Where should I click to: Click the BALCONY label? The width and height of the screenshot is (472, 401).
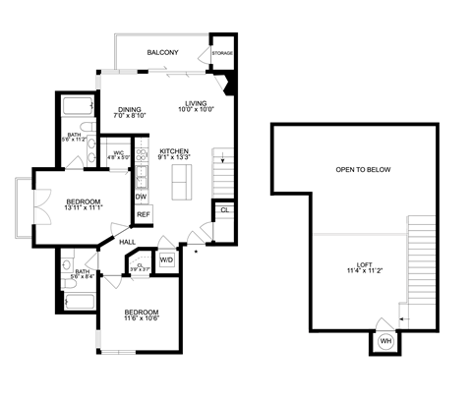point(162,52)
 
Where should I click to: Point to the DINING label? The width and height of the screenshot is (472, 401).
point(130,109)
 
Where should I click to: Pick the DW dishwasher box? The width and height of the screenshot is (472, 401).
point(142,196)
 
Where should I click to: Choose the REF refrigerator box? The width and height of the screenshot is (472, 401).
point(143,214)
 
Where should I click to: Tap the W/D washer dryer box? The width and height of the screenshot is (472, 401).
point(166,260)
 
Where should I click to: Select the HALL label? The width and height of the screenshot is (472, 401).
point(127,241)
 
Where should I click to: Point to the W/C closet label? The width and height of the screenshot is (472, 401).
point(117,152)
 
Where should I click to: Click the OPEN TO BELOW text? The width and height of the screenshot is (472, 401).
point(363,169)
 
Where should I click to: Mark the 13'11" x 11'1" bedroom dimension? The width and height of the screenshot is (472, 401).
point(55,208)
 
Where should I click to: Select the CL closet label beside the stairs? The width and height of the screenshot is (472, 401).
point(224,209)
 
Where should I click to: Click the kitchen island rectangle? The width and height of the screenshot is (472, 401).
point(181,181)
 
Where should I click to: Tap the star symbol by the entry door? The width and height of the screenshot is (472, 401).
point(197,254)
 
